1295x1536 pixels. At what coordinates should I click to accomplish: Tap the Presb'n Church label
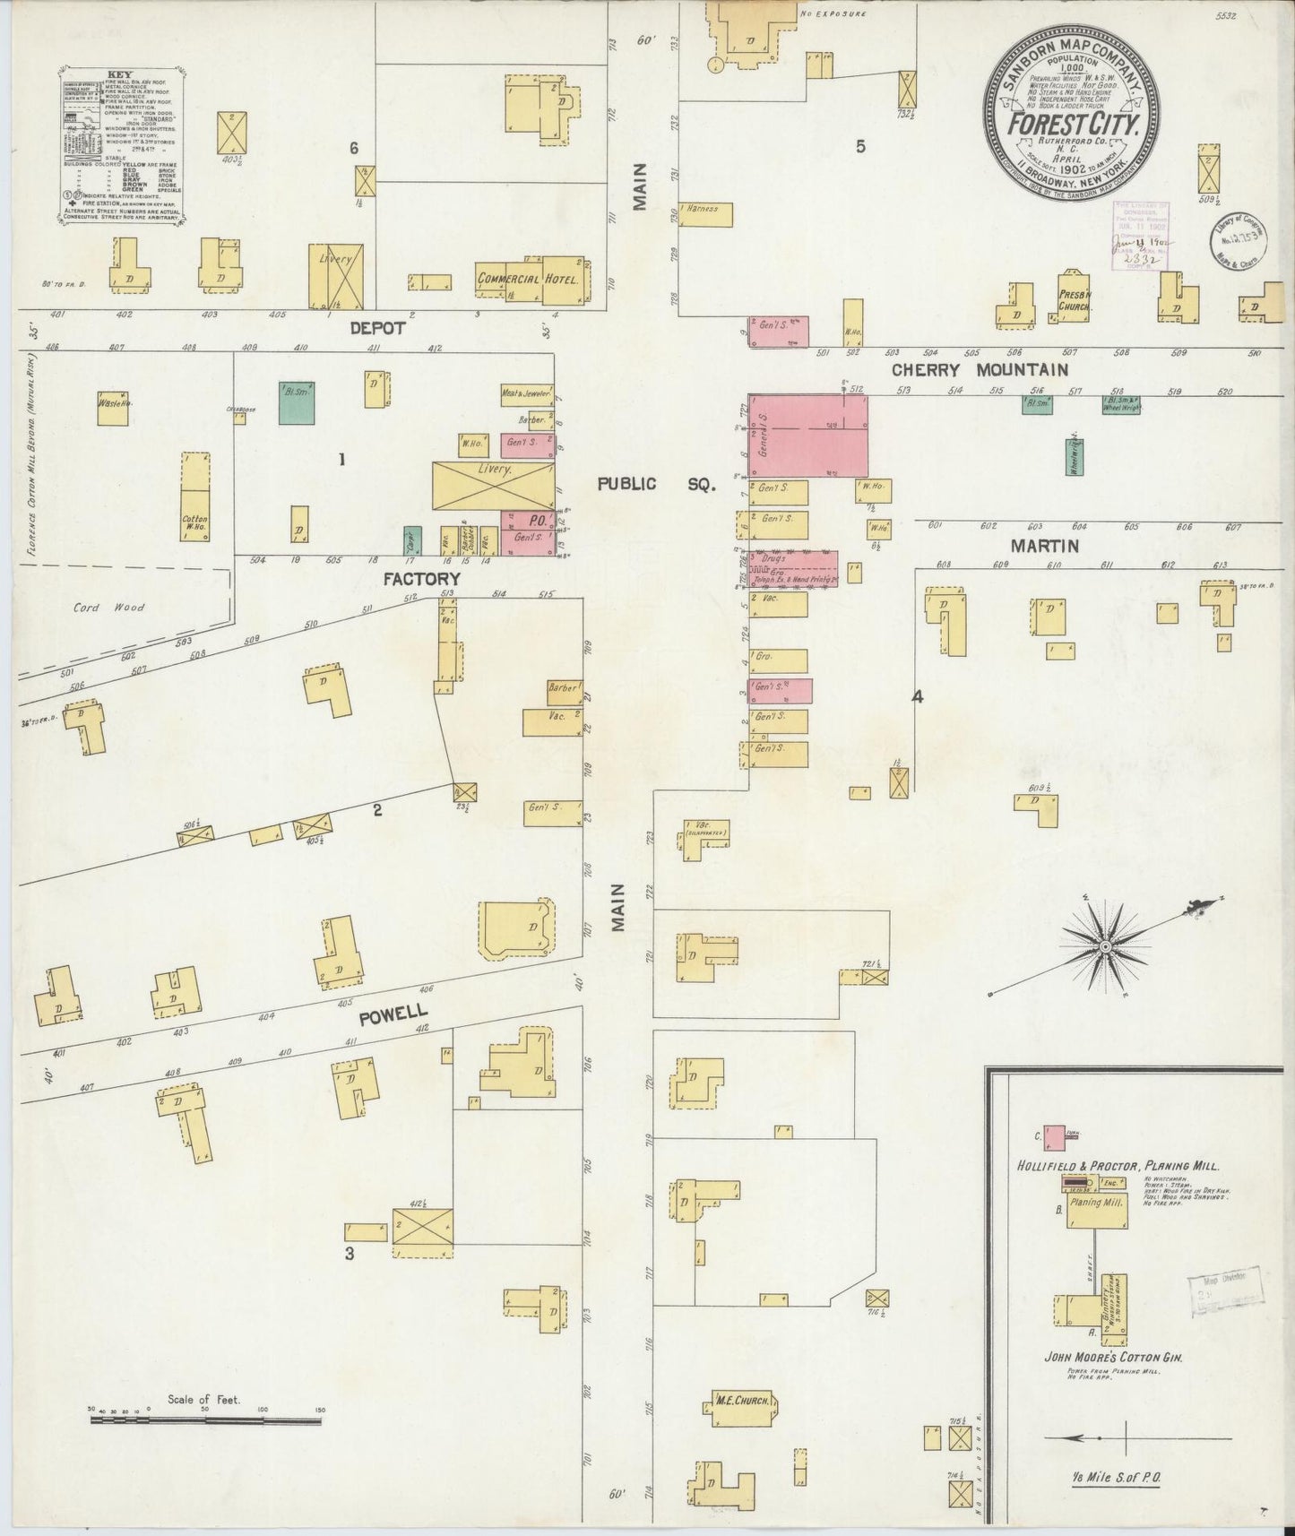pos(1073,300)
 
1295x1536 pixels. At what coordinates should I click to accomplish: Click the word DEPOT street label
pos(377,329)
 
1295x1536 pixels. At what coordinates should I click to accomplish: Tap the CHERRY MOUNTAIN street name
pos(979,369)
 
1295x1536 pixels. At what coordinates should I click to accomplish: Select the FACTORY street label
pos(421,579)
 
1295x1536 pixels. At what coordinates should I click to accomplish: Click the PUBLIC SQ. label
pos(658,484)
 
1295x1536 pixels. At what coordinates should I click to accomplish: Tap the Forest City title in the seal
pos(1074,124)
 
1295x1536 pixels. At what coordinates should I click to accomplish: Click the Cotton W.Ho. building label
pos(194,523)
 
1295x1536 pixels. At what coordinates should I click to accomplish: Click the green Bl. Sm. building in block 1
pos(297,406)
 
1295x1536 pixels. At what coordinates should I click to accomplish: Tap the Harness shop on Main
pos(705,213)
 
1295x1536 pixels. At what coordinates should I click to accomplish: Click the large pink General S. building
pos(808,436)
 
